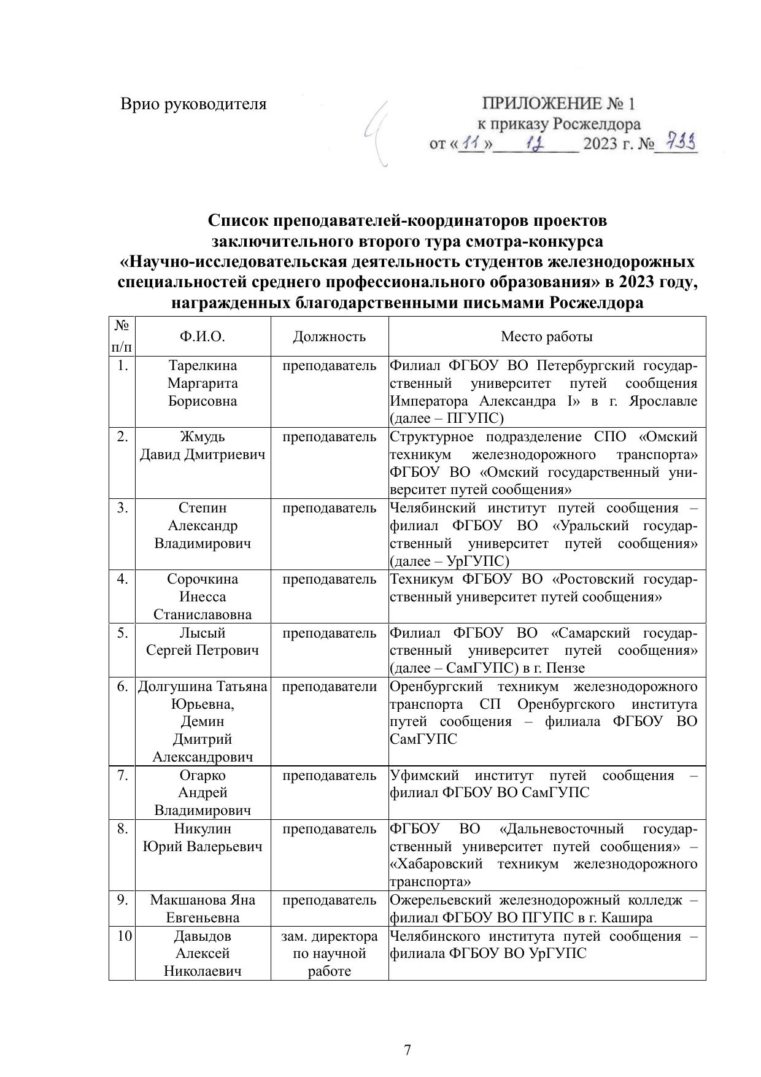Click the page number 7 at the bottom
408,1050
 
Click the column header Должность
329,336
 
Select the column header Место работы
547,336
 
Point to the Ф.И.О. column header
203,336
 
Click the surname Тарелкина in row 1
203,366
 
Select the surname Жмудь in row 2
203,437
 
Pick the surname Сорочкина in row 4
203,579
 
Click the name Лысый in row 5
203,633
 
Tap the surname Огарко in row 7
203,775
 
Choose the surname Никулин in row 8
203,829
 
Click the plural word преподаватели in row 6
329,687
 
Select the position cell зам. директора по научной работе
329,954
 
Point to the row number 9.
123,900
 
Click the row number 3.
123,508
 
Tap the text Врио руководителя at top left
193,104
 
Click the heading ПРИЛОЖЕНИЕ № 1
559,102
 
